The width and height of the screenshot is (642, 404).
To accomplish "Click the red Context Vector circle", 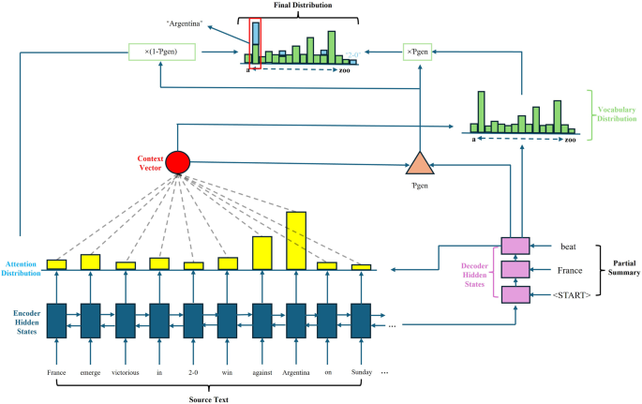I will (177, 162).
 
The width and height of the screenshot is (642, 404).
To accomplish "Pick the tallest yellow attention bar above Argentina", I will (296, 241).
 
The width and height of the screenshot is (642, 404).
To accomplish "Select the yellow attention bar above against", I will (262, 253).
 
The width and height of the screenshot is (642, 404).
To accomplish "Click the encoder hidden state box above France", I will (57, 320).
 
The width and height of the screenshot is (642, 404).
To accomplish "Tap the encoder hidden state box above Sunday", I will (362, 320).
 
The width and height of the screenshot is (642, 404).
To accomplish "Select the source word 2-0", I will (193, 372).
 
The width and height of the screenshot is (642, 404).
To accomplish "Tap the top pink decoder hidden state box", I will (515, 246).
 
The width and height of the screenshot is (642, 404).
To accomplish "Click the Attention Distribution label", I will (21, 269).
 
